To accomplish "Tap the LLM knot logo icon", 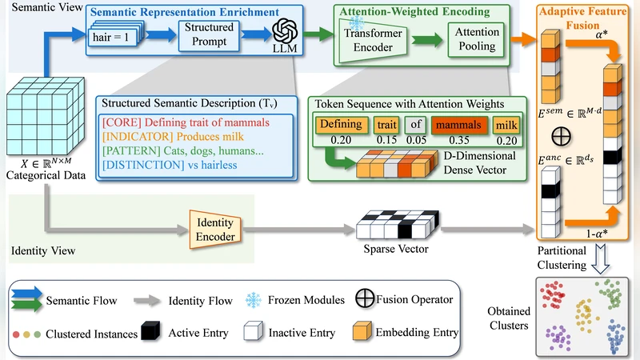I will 286,33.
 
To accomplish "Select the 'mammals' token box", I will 460,125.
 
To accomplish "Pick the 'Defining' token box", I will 341,125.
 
